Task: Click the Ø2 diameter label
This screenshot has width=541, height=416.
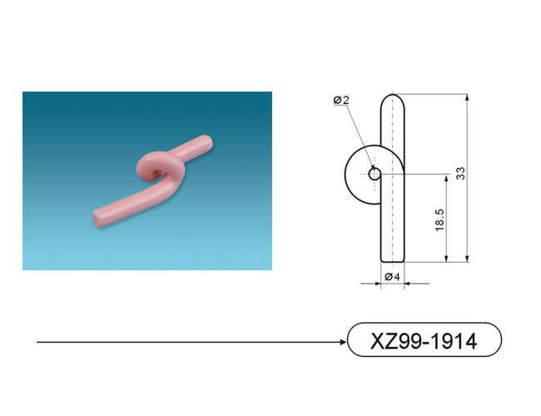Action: pos(341,100)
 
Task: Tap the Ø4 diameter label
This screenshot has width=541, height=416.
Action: pos(392,277)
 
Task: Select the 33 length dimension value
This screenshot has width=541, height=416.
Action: pos(460,173)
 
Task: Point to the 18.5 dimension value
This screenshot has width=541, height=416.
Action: pos(439,220)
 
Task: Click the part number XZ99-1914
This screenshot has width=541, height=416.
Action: pos(424,341)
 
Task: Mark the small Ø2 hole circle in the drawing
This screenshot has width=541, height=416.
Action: pos(375,174)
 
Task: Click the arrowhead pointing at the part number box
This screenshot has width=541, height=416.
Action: pos(343,342)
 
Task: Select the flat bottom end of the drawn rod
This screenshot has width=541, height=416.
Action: pos(393,262)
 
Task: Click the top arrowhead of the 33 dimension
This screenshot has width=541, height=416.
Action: pos(467,97)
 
